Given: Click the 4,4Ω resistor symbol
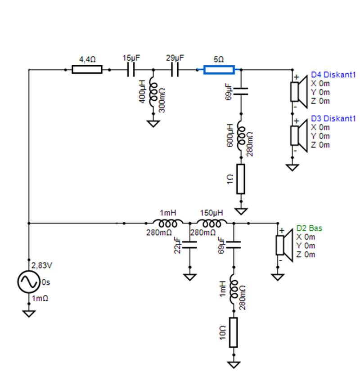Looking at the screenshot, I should [87, 69].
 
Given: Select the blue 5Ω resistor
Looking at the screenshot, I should [219, 69].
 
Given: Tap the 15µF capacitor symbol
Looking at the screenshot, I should [131, 69].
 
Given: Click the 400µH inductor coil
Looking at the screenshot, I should [153, 93].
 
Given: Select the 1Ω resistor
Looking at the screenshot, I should [241, 179].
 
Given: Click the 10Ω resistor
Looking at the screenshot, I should [233, 332].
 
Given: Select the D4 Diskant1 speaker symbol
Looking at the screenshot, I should [297, 92].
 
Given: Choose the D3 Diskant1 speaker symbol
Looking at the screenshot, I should [297, 135].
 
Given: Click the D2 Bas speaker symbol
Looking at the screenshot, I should [282, 245].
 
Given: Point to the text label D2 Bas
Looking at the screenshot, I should [309, 228].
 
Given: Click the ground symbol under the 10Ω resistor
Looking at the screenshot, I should [233, 365].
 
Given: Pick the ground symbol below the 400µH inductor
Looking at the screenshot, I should [153, 123].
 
